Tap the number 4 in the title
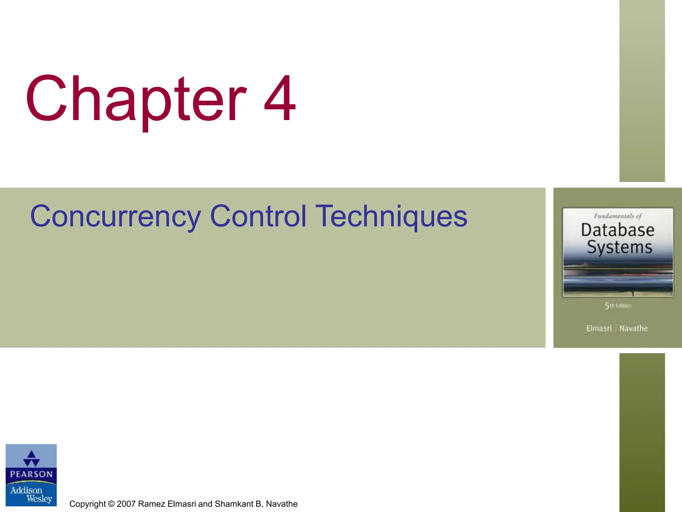pos(280,99)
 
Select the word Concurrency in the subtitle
pos(115,217)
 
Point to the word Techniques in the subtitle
pos(391,217)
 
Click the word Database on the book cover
pos(617,230)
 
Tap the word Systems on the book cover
pos(619,247)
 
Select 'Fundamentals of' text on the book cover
pos(617,216)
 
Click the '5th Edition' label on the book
pos(618,305)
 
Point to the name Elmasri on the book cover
pos(599,328)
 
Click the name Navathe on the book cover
pos(633,328)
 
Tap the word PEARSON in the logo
pos(31,474)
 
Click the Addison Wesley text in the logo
pos(31,494)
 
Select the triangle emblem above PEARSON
pos(31,459)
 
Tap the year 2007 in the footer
pos(126,504)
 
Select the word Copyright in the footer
pos(87,504)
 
